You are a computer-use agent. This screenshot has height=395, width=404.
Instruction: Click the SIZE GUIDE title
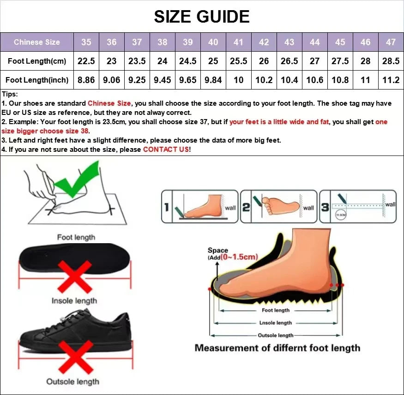pos(202,17)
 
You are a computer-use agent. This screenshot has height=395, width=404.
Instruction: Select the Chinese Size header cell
pos(37,42)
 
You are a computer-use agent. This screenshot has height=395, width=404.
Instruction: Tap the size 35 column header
pos(86,42)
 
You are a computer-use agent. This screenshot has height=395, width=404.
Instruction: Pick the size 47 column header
pos(391,42)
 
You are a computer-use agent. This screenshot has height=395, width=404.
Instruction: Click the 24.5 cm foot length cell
pos(187,61)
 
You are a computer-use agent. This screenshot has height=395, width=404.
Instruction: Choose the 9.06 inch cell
pos(112,80)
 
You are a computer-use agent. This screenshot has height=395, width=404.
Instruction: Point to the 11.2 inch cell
pos(391,80)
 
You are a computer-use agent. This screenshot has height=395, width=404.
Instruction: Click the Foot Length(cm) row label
pos(37,61)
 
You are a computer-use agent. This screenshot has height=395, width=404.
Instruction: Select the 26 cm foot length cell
pos(264,61)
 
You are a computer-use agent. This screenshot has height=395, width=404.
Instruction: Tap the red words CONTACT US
pos(166,150)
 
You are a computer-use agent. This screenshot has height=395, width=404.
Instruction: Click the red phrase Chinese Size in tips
pos(109,103)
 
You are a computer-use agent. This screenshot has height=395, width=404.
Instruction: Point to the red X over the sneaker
pos(74,355)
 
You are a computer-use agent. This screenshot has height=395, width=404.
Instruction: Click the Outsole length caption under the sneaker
pos(72,382)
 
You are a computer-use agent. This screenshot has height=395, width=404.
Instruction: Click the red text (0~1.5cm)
pos(239,257)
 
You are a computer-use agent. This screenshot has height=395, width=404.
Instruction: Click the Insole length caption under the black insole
pos(74,301)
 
